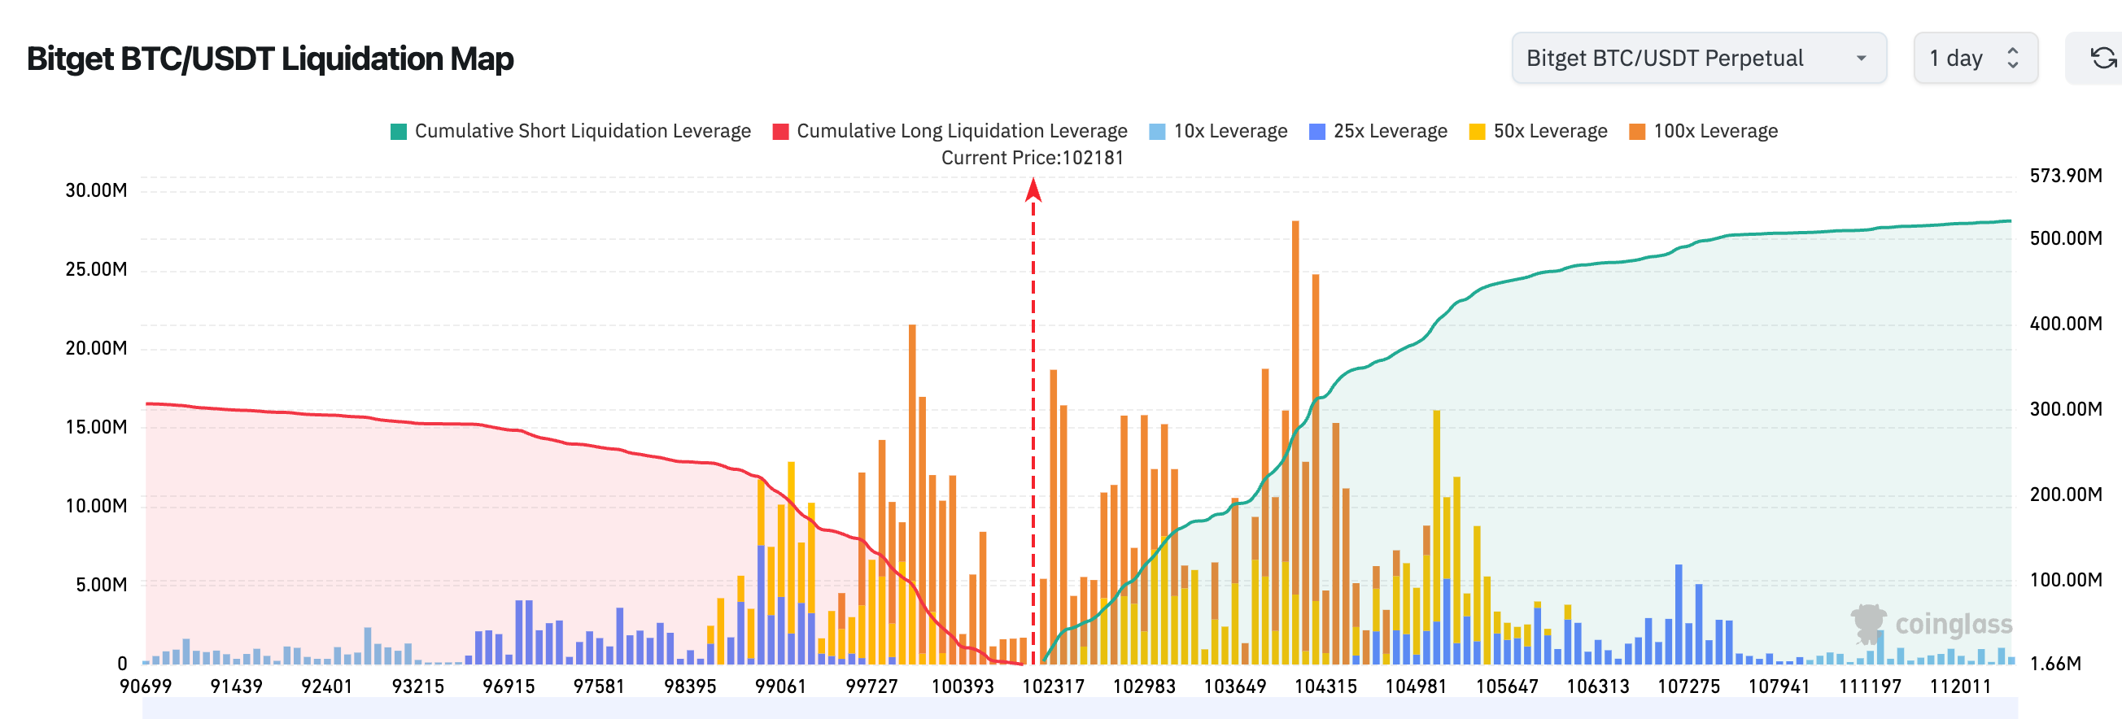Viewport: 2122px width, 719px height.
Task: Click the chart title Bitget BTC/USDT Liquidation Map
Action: click(270, 59)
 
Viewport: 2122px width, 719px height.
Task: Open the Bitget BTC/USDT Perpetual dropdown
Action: click(1698, 59)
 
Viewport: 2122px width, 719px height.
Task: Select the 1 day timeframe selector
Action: click(1974, 59)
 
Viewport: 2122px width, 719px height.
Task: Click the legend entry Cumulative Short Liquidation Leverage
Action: click(570, 131)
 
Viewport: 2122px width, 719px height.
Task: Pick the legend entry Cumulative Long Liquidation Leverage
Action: click(950, 131)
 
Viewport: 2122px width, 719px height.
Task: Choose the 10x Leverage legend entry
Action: click(1218, 131)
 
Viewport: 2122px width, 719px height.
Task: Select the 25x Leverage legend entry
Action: click(1378, 131)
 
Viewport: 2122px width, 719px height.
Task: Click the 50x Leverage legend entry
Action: click(1538, 131)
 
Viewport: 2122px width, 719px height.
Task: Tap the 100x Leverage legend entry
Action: click(1704, 131)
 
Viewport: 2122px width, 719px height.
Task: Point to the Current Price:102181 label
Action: click(1033, 157)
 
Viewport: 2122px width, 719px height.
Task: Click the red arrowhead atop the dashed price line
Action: click(1033, 190)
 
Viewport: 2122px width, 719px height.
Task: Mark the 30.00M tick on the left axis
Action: click(96, 190)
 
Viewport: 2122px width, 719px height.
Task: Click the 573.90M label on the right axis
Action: click(2065, 176)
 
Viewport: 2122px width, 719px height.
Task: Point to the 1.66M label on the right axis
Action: click(2054, 663)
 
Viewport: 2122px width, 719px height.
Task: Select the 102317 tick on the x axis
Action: click(1053, 686)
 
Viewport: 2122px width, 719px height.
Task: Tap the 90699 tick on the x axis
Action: click(146, 686)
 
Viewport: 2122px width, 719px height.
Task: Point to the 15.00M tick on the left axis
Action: click(96, 427)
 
